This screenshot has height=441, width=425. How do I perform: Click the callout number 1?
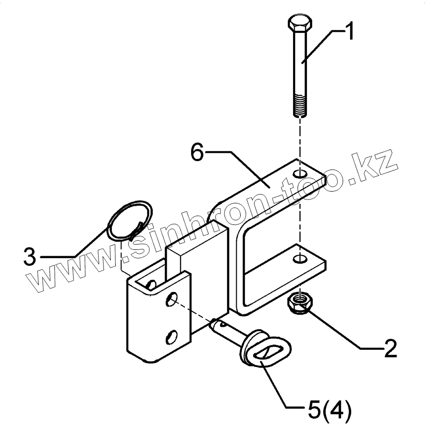coord(349,33)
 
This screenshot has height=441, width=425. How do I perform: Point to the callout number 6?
coord(197,153)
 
